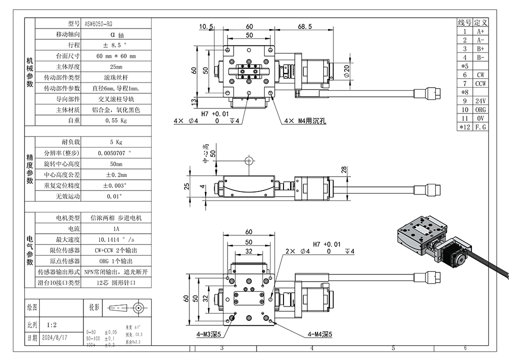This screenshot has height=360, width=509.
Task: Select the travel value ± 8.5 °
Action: coord(116,45)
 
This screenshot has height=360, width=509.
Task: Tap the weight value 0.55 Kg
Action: coord(116,121)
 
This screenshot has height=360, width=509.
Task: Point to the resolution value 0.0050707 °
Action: coord(116,153)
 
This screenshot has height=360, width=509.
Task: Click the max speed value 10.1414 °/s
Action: coord(116,239)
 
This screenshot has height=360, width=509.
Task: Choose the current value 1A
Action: coord(116,229)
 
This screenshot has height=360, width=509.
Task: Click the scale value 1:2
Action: coord(51,324)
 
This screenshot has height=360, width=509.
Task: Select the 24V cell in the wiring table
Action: coord(480,101)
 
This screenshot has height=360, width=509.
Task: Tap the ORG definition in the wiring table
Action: coord(480,109)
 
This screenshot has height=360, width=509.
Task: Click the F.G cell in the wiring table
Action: coord(480,127)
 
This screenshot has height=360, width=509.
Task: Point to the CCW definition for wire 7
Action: coord(480,84)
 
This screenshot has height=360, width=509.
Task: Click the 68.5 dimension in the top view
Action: coord(305,26)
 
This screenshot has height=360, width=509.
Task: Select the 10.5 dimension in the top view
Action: coord(206,26)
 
